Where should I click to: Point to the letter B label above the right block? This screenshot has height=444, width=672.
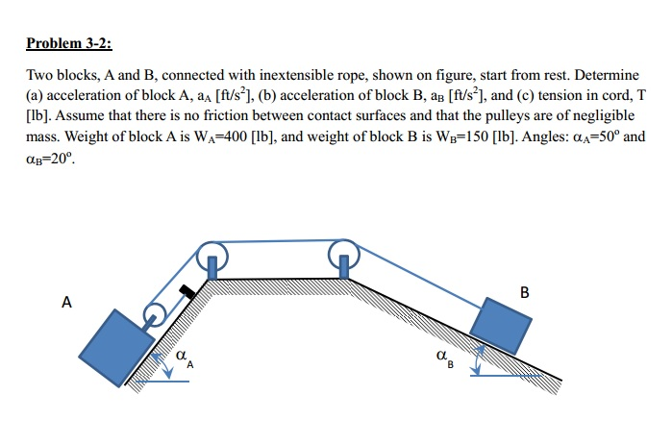[523, 291]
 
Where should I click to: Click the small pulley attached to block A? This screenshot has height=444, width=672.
[153, 313]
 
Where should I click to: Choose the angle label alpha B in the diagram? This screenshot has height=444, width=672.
[443, 359]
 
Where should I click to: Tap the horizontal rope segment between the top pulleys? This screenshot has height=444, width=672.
[278, 240]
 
